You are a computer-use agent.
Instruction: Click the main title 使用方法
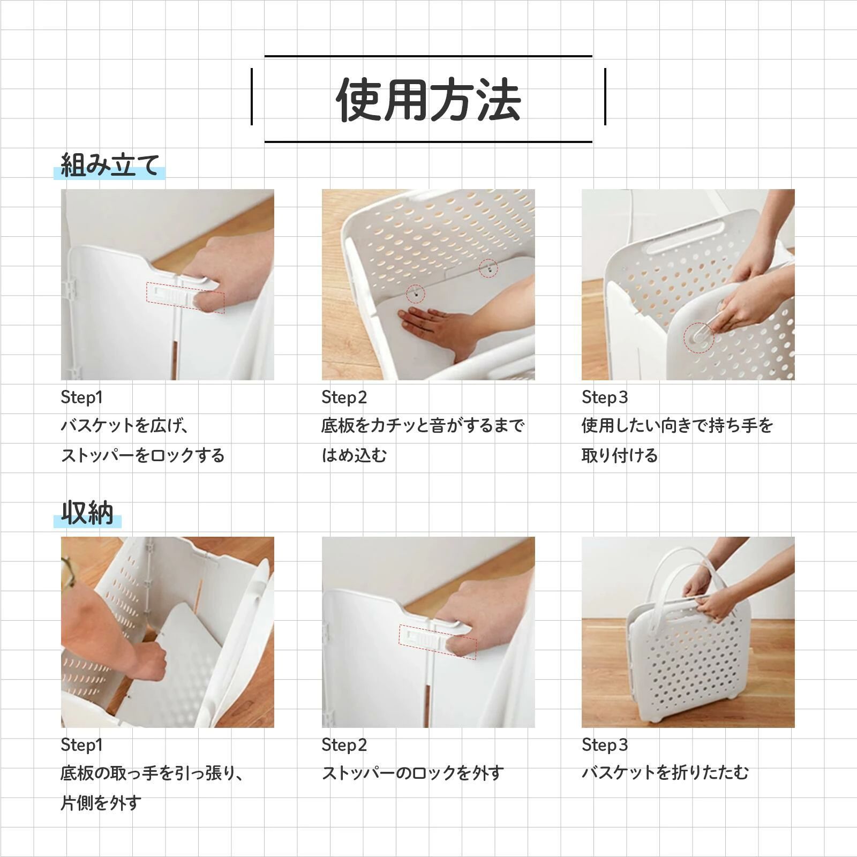[428, 99]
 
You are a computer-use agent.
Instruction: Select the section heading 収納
[87, 513]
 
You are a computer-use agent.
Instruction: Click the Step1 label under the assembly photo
[81, 397]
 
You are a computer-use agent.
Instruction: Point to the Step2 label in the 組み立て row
[344, 397]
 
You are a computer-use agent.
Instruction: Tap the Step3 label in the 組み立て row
[605, 397]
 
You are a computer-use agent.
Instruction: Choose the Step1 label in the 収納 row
[81, 745]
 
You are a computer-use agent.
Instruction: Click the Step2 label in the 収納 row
[344, 745]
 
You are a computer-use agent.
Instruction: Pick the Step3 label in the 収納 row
[605, 745]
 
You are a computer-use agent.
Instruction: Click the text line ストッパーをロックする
[142, 456]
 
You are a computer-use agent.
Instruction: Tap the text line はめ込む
[354, 456]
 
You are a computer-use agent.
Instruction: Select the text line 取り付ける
[620, 456]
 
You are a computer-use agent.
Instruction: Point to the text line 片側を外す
[101, 803]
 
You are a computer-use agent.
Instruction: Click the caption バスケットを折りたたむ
[665, 773]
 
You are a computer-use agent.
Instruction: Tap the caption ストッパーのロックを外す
[412, 773]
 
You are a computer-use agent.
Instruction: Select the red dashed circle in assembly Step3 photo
[698, 337]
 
